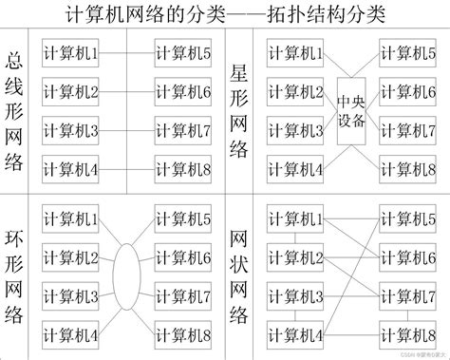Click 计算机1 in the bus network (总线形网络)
71,55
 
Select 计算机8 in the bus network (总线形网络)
183,169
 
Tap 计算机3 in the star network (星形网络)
295,131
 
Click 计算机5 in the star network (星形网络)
408,55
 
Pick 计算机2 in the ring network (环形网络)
71,257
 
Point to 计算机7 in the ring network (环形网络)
183,296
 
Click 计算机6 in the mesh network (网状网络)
408,257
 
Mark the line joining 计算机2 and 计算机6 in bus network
127,93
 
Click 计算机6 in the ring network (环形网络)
183,257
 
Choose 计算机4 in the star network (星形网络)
295,169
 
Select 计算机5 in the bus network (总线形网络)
183,55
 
